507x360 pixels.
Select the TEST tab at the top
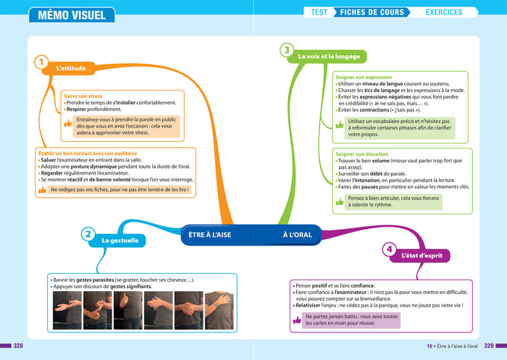click(x=319, y=12)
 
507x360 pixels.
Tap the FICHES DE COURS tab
click(x=372, y=12)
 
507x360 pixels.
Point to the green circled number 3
click(x=287, y=50)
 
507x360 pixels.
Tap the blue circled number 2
click(x=88, y=234)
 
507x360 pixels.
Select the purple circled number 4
click(x=389, y=250)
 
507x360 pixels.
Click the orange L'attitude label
click(x=71, y=70)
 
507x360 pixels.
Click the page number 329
click(x=489, y=346)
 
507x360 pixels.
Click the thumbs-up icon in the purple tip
click(x=298, y=319)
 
